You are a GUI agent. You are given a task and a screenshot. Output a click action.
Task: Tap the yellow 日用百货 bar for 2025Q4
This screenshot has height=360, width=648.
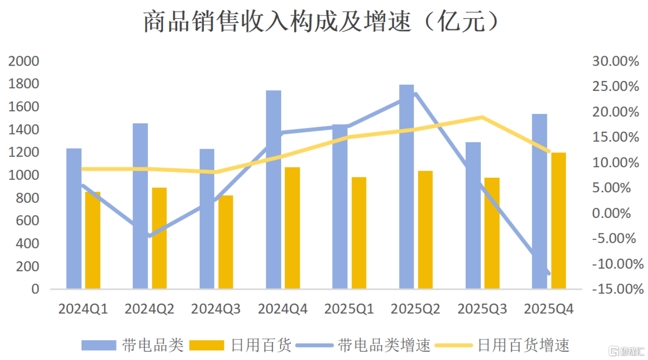point(559,220)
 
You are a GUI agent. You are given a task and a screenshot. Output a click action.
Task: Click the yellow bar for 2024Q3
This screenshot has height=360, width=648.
point(226,242)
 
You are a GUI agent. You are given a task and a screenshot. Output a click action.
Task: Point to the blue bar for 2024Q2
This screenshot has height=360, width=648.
point(140,206)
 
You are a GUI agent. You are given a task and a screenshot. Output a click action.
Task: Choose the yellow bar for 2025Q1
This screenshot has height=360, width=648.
point(359,232)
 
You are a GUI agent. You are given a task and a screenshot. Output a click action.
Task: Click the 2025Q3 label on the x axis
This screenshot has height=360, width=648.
point(482,309)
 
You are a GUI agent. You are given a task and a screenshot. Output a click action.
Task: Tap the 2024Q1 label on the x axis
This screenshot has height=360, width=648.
point(83,309)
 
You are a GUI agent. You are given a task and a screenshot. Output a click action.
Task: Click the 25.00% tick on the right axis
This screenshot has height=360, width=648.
point(615,87)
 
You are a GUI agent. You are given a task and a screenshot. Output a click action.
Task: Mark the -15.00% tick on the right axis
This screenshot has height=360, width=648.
point(618,289)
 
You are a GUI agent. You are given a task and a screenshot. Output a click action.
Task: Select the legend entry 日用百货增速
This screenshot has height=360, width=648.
point(523,345)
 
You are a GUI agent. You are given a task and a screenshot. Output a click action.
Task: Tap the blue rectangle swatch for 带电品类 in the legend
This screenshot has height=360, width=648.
point(98,345)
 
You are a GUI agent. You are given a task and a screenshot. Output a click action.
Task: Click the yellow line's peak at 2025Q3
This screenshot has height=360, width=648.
point(482,117)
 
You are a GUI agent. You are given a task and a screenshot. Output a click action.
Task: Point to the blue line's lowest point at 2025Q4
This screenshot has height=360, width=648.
point(548,273)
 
